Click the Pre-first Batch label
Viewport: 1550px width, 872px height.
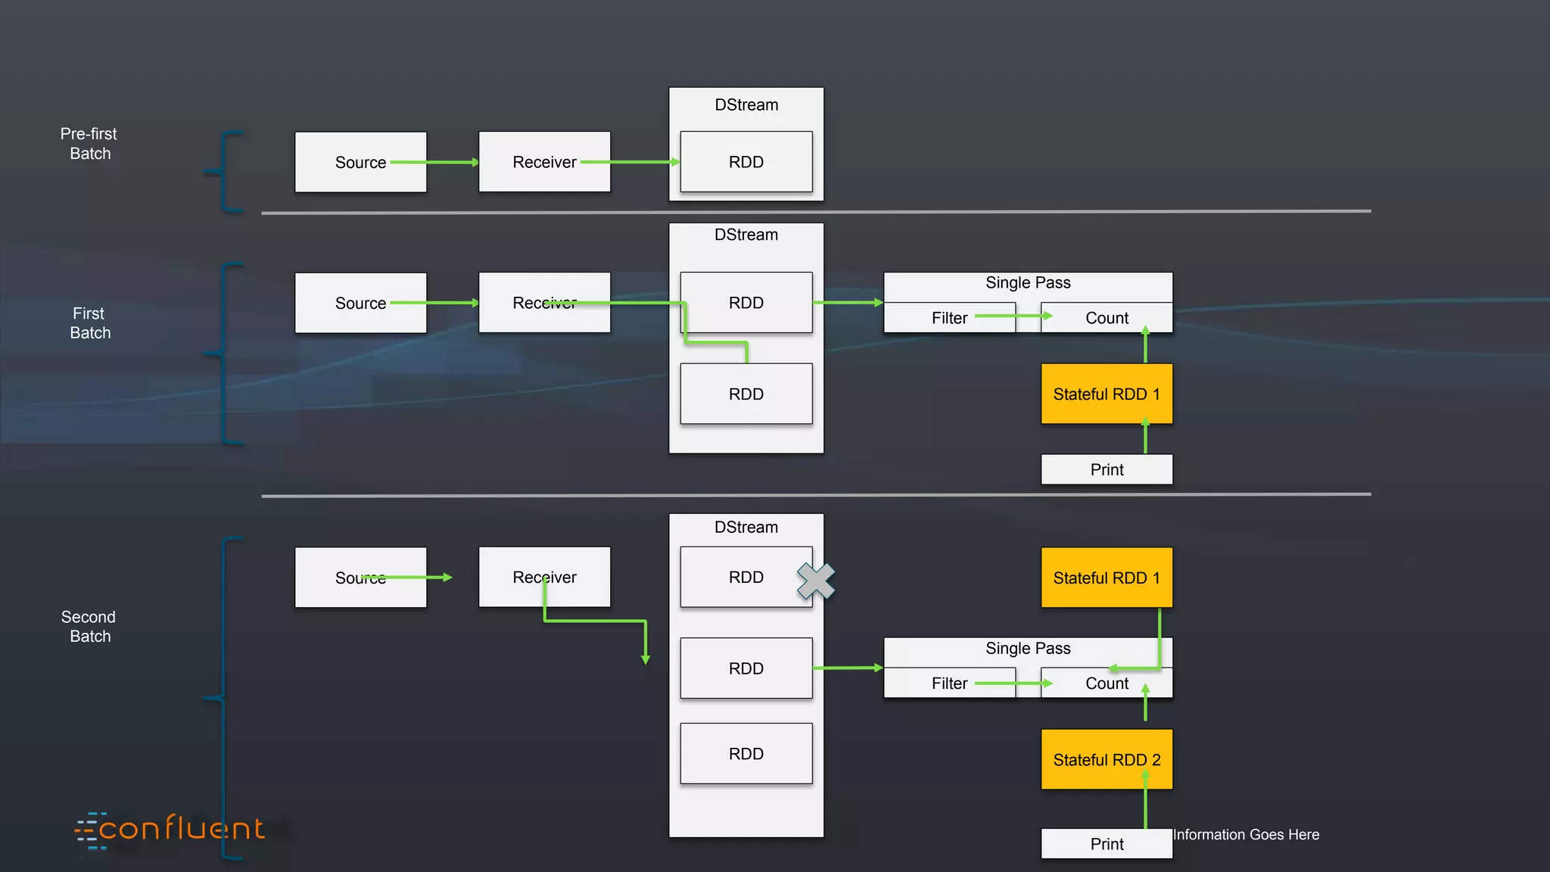coord(89,144)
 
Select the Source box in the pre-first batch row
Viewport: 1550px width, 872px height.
coord(360,162)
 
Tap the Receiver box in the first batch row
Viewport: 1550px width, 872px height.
coord(544,303)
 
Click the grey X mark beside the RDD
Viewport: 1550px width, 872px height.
coord(816,581)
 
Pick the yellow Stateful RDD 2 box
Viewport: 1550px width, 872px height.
coord(1106,759)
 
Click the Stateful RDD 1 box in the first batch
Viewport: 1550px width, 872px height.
coord(1106,394)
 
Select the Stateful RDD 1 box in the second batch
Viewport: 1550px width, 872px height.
coord(1106,578)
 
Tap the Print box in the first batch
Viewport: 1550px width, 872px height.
coord(1106,469)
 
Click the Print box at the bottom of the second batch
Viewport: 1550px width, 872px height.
coord(1106,844)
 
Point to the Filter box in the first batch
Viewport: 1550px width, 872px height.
coord(949,318)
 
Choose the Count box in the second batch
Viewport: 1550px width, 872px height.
coord(1106,684)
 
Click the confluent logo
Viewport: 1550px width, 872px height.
coord(171,830)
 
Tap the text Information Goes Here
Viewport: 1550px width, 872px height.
coord(1246,834)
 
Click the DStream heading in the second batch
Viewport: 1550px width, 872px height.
coord(746,527)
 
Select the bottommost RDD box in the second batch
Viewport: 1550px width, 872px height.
coord(746,754)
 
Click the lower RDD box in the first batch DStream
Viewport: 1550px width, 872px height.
coord(746,394)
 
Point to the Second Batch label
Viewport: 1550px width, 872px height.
coord(89,627)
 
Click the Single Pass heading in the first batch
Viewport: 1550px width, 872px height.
coord(1028,283)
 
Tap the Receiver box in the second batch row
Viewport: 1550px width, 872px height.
coord(544,577)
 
